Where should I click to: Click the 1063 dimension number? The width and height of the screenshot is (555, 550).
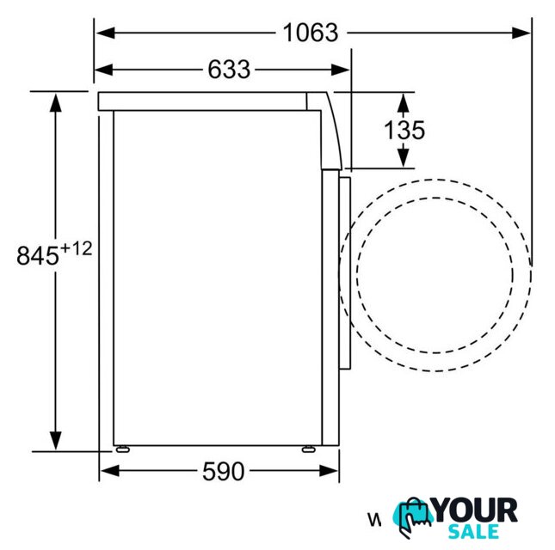point(311,33)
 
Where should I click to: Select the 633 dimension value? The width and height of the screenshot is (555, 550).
point(229,70)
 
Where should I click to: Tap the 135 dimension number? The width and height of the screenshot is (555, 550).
point(404,130)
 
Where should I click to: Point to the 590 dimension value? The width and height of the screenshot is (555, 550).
point(224,471)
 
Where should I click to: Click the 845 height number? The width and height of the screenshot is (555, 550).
point(38,255)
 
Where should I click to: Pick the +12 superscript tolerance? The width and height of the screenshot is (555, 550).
point(76,248)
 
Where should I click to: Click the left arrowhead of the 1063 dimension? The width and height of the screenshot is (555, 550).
point(106,33)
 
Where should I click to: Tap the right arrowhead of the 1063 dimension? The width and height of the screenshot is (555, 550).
point(521,33)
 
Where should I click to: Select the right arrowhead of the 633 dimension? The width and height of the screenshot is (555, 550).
point(340,70)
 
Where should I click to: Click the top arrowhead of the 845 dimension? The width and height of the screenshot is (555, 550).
point(56,102)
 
